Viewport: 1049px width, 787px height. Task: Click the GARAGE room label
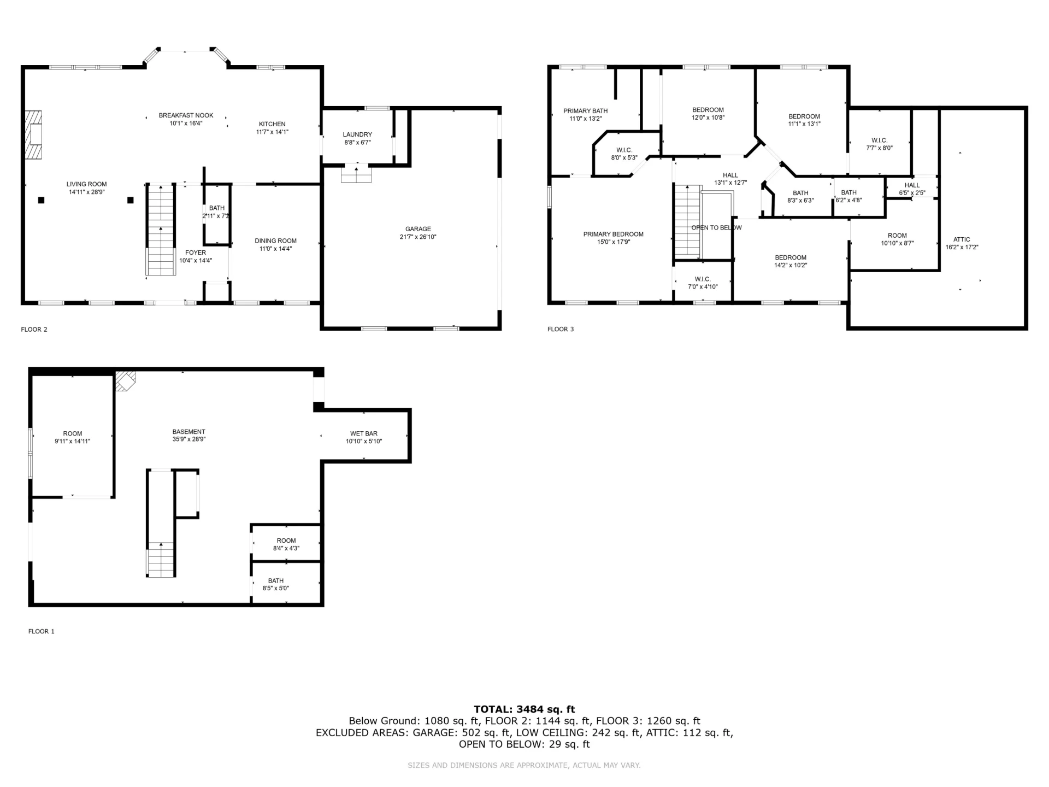(x=418, y=229)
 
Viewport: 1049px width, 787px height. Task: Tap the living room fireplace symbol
(x=33, y=135)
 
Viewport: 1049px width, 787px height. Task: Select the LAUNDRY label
(x=357, y=134)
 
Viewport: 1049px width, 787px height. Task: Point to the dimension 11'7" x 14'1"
(x=272, y=132)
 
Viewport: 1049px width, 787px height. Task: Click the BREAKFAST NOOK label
(x=186, y=115)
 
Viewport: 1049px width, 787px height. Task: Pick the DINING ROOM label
(x=275, y=240)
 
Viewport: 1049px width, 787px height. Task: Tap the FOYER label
(x=196, y=252)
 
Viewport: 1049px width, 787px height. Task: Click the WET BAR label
(x=364, y=433)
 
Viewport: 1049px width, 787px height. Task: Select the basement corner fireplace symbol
(x=125, y=381)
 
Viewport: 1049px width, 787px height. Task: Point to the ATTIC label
(x=962, y=239)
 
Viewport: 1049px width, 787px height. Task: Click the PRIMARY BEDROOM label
(x=613, y=234)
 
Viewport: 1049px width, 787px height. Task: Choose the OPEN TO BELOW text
(x=716, y=227)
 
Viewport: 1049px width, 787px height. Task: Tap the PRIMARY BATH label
(x=585, y=111)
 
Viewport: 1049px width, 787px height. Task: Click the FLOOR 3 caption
(x=561, y=329)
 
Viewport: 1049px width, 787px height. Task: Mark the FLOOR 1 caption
(x=42, y=631)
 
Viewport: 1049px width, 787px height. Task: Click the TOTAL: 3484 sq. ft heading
(x=524, y=709)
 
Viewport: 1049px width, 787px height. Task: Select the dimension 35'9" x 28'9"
(x=189, y=439)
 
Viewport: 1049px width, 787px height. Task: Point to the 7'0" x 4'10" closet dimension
(x=703, y=287)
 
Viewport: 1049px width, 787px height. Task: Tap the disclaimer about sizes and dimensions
(x=524, y=765)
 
